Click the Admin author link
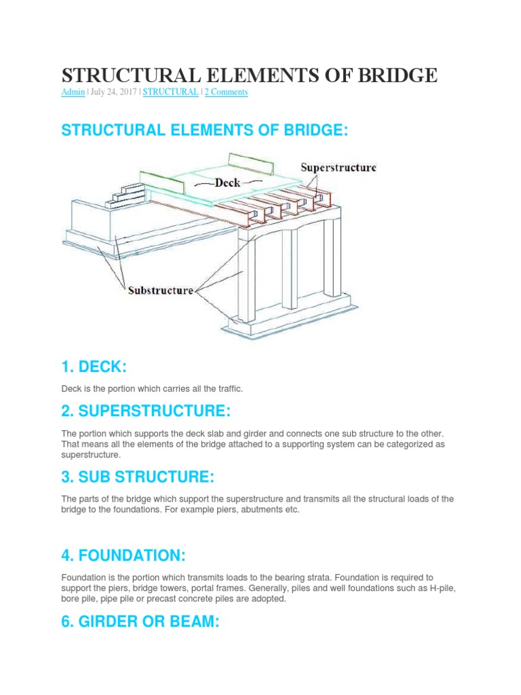pos(73,92)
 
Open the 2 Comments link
pos(226,92)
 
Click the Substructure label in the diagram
pos(160,290)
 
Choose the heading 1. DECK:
pos(94,367)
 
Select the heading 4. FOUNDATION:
pos(123,556)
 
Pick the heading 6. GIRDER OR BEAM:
pos(140,622)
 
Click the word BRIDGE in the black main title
pos(393,75)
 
